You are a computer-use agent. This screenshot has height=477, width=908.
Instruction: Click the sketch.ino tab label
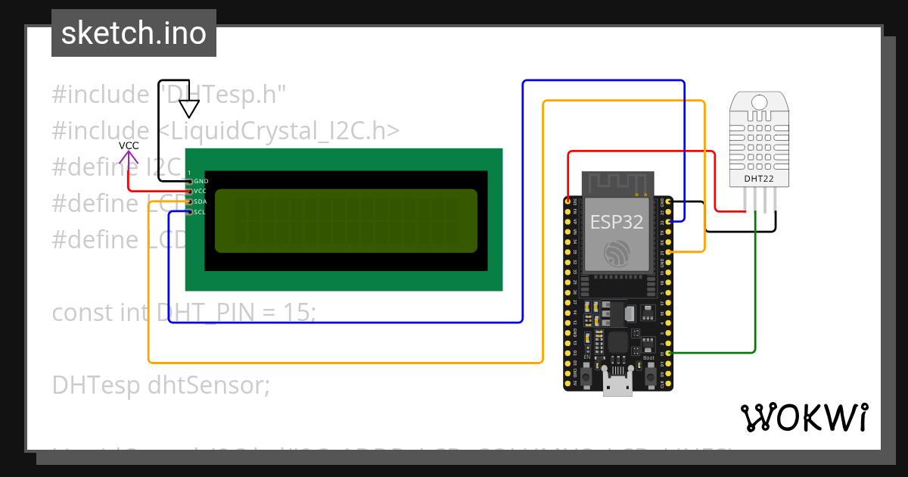pos(133,33)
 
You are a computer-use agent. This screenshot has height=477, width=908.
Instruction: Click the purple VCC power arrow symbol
pos(129,158)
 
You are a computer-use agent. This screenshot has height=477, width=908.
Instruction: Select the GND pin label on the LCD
pos(201,182)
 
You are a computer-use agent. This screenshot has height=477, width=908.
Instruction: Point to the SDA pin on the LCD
pos(189,201)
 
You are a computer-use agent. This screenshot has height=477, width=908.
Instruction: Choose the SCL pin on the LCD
pos(189,212)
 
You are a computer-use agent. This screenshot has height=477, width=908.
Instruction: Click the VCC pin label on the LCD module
pos(201,192)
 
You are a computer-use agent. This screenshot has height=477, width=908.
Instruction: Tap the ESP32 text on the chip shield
pos(616,222)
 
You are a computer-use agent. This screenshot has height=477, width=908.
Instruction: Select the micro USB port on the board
pos(617,384)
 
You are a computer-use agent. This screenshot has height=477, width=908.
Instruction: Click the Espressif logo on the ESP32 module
pos(616,254)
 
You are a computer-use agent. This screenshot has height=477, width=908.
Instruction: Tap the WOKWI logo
pos(804,418)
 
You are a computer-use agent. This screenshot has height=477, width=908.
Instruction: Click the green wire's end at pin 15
pos(664,353)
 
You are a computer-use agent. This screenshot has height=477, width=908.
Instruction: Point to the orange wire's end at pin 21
pos(664,251)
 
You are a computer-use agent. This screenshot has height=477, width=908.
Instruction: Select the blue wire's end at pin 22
pos(664,222)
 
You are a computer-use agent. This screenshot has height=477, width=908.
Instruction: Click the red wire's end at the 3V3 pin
pos(569,201)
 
